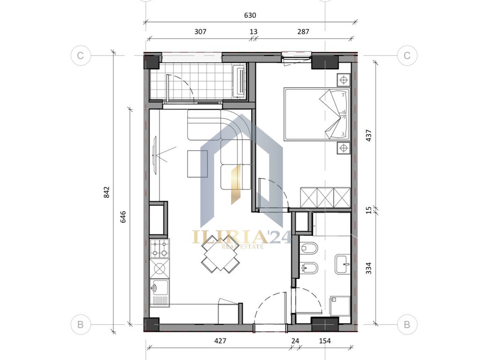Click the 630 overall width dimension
pos(250,15)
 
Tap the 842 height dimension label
pos(106,192)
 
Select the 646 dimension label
pos(123,217)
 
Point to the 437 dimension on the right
pos(368,135)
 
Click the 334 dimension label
pos(368,268)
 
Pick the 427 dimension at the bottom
pos(220,341)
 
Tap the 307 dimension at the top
pos(201,31)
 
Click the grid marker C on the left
pos(81,55)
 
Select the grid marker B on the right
pos(407,324)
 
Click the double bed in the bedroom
pos(317,114)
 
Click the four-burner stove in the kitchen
pos(160,248)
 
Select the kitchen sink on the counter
pos(160,292)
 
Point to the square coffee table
pos(197,164)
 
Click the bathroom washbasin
pos(343,264)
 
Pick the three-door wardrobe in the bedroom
pos(325,197)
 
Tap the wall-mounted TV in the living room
pos(155,156)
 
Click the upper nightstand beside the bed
pos(344,80)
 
